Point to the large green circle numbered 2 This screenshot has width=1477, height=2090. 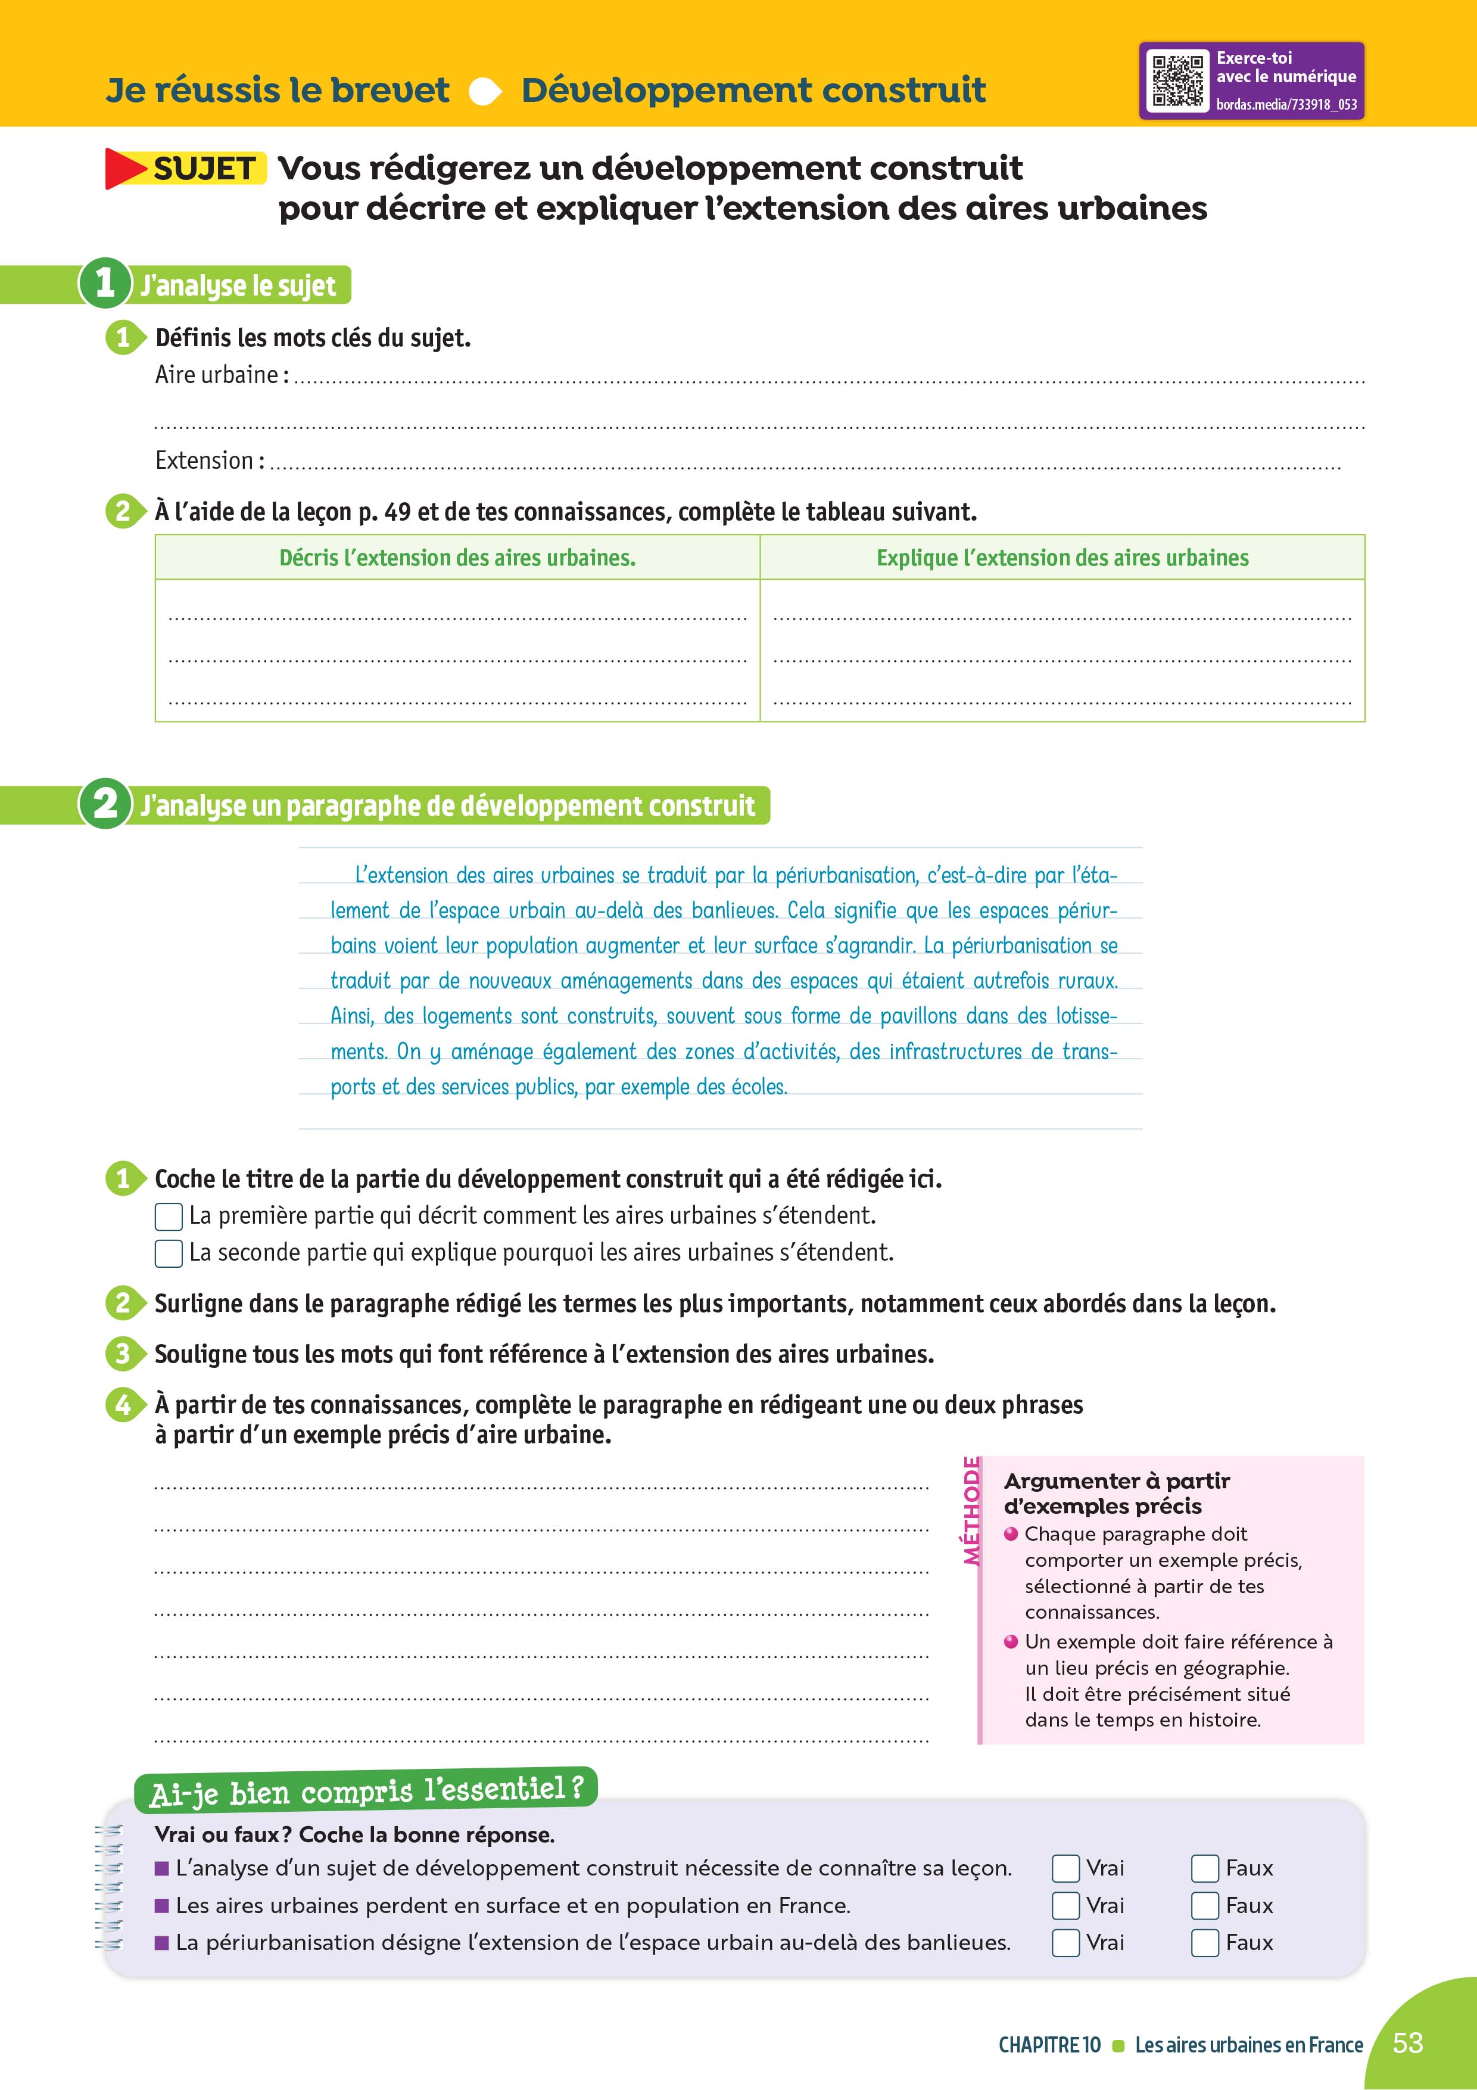[x=105, y=804]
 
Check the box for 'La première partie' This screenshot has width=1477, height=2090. [x=169, y=1216]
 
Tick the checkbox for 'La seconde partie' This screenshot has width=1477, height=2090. [x=169, y=1254]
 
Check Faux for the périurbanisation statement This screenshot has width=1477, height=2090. [x=1205, y=1942]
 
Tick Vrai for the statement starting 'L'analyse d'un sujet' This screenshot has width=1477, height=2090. [x=1065, y=1868]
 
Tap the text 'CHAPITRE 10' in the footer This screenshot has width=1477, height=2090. [x=1049, y=2045]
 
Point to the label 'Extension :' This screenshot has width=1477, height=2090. [x=209, y=461]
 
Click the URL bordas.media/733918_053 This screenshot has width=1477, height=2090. [x=1286, y=105]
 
